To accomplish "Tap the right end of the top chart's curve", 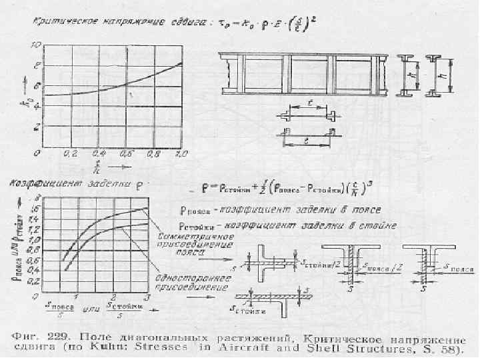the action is pyautogui.click(x=181, y=63).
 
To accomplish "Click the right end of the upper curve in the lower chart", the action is pyautogui.click(x=147, y=208).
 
